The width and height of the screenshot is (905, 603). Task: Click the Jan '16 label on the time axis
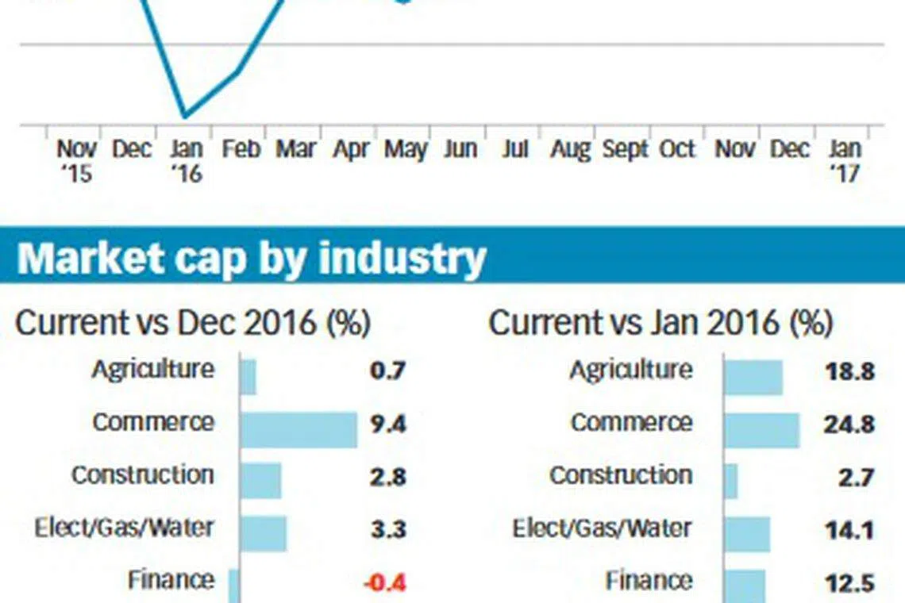point(187,160)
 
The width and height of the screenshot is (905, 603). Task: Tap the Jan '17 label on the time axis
point(844,160)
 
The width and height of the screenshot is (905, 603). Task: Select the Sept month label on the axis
point(626,149)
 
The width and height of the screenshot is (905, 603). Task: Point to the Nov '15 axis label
point(76,160)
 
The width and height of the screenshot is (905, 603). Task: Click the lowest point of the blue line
point(185,116)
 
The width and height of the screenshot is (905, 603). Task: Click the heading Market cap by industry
point(251,257)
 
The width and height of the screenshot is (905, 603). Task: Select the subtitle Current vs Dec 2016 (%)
point(193,323)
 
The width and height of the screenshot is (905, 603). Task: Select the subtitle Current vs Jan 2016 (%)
point(660,323)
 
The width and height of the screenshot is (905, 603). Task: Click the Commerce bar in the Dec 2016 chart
point(298,429)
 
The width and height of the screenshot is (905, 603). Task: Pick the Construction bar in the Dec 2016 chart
point(260,481)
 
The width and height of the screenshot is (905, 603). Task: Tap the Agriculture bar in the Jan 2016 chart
point(753,377)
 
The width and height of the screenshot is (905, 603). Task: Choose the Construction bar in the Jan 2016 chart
point(731,481)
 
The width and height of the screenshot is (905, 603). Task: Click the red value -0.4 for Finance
point(384,583)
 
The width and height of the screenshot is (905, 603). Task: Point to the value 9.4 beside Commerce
point(387,424)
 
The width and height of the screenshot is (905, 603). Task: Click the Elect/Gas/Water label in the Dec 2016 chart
point(125,527)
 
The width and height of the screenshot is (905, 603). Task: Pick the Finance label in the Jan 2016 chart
point(649,580)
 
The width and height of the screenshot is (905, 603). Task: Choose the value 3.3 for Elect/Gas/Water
point(388,530)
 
